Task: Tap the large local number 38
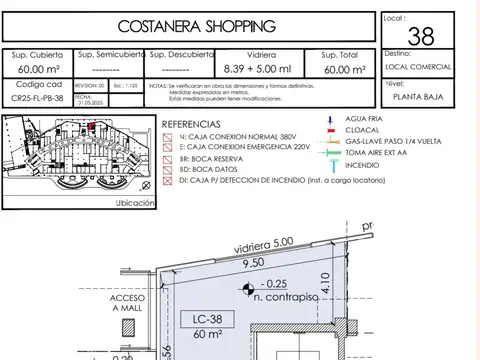click(421, 38)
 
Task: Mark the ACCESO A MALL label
click(128, 304)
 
